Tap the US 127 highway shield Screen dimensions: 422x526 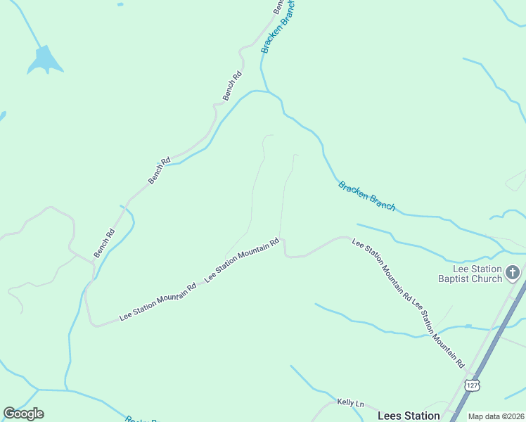pos(473,385)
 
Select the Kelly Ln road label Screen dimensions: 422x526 pos(350,403)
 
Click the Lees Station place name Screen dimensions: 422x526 pos(409,416)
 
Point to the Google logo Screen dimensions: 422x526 pos(23,414)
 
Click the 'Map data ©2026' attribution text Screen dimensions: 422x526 pos(496,416)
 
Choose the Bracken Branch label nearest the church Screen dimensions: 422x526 pos(366,196)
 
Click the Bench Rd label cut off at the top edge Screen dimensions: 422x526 pos(278,6)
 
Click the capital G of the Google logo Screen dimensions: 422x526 pos(9,414)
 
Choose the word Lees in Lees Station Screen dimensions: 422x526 pos(390,416)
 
